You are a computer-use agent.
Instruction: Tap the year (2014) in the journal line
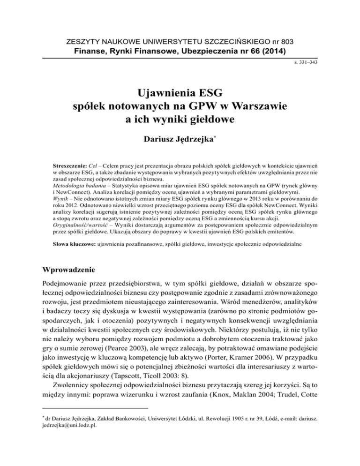click(x=272, y=51)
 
